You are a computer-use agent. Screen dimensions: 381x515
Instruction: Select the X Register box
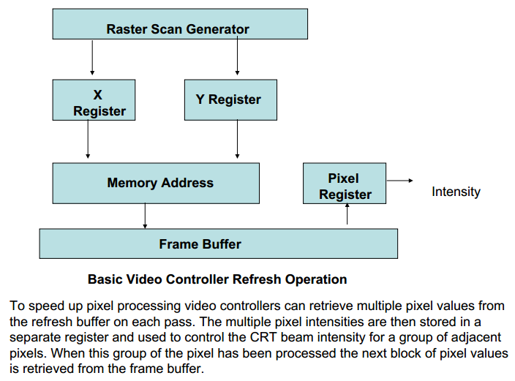point(94,100)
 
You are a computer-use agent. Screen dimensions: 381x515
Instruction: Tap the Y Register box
point(230,100)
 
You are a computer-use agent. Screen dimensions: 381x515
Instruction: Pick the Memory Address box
point(156,183)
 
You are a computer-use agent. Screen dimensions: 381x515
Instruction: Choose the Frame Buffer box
point(218,244)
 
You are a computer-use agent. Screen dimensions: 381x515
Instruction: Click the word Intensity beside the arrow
point(456,192)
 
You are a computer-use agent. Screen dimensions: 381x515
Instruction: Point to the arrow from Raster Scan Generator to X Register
point(92,59)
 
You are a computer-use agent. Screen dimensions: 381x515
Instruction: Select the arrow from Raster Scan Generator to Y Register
point(236,59)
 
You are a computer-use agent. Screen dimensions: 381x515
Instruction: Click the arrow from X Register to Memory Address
point(88,140)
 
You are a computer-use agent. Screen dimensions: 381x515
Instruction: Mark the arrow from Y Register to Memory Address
point(236,140)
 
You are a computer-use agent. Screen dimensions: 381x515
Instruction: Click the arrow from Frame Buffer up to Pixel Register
point(347,216)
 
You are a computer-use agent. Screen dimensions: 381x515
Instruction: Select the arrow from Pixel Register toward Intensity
point(399,181)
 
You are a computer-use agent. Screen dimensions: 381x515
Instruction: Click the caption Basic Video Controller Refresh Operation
point(217,279)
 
